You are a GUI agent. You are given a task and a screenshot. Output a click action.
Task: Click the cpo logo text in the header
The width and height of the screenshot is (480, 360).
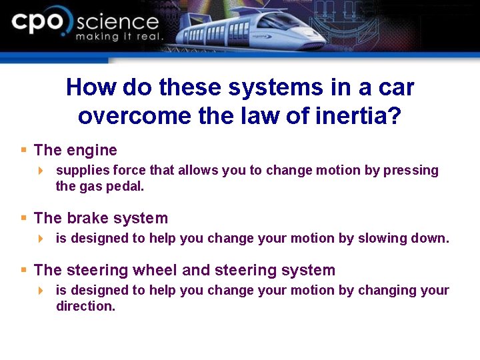tap(40, 24)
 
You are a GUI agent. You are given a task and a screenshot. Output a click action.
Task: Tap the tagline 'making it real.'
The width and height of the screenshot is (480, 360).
tap(119, 37)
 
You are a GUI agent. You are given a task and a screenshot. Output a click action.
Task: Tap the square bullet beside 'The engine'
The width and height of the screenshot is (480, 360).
tap(24, 150)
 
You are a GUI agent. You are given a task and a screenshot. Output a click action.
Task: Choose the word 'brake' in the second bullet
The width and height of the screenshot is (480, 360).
tap(87, 218)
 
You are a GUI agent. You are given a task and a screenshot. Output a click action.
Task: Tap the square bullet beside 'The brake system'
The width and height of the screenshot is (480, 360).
tap(24, 217)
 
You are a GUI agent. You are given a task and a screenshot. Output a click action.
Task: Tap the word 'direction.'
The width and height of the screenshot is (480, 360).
tap(86, 306)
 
